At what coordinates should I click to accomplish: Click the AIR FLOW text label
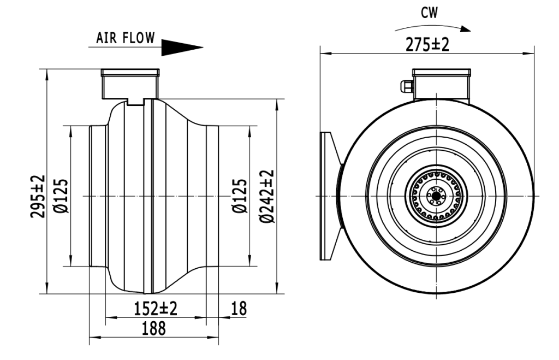tap(125, 38)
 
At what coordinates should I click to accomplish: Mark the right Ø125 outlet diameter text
tap(240, 196)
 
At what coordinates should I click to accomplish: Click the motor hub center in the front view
tap(436, 196)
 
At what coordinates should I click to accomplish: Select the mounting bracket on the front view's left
tap(329, 196)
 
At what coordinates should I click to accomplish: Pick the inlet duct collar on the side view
tap(97, 196)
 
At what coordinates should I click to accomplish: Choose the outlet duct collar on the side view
tap(212, 196)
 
